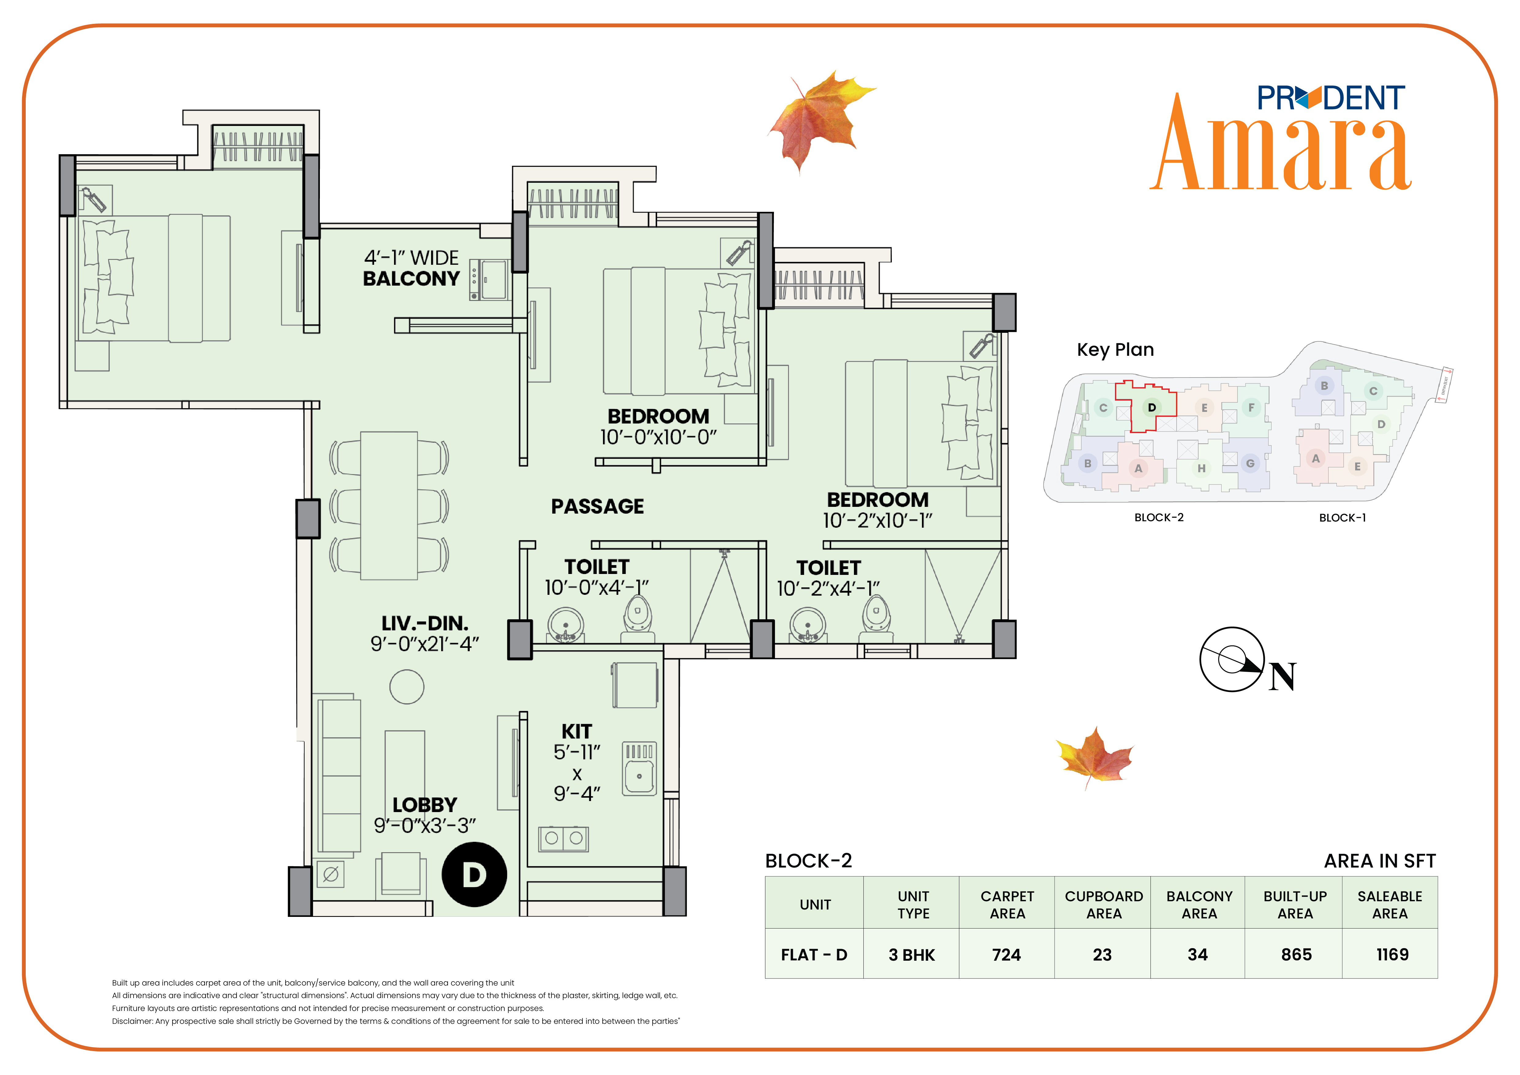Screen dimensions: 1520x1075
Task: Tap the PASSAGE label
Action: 597,506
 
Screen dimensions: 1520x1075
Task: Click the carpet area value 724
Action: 1006,955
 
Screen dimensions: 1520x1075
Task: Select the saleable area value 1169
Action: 1392,955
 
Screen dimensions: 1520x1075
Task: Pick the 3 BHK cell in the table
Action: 912,955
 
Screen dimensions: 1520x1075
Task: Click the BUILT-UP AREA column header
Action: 1295,905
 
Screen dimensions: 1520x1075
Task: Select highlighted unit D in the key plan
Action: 1152,407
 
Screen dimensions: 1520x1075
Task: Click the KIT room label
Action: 577,731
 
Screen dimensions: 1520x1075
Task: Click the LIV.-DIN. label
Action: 425,624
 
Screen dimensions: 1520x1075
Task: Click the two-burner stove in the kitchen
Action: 563,839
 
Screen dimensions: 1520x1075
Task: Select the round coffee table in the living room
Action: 407,686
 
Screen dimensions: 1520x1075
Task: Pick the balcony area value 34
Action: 1198,955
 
